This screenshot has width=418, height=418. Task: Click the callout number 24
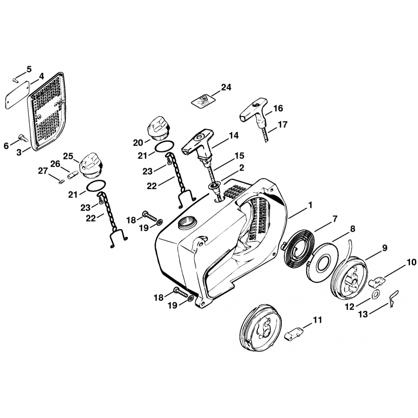tap(226, 87)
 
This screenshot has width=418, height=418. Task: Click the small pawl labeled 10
tap(377, 281)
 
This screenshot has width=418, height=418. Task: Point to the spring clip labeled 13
tap(393, 298)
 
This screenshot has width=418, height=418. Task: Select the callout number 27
tap(43, 171)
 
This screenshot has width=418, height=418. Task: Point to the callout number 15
tap(239, 155)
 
